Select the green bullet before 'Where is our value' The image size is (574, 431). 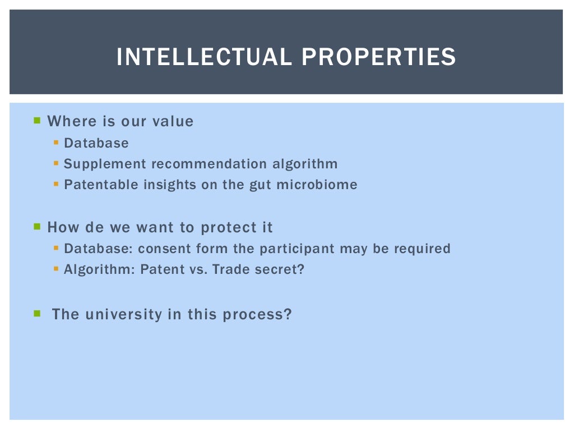click(38, 121)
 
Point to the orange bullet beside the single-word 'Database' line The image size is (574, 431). click(56, 143)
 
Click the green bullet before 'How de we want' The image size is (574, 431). click(38, 227)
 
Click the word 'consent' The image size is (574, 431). click(163, 249)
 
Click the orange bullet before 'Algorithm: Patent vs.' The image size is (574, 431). click(56, 269)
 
